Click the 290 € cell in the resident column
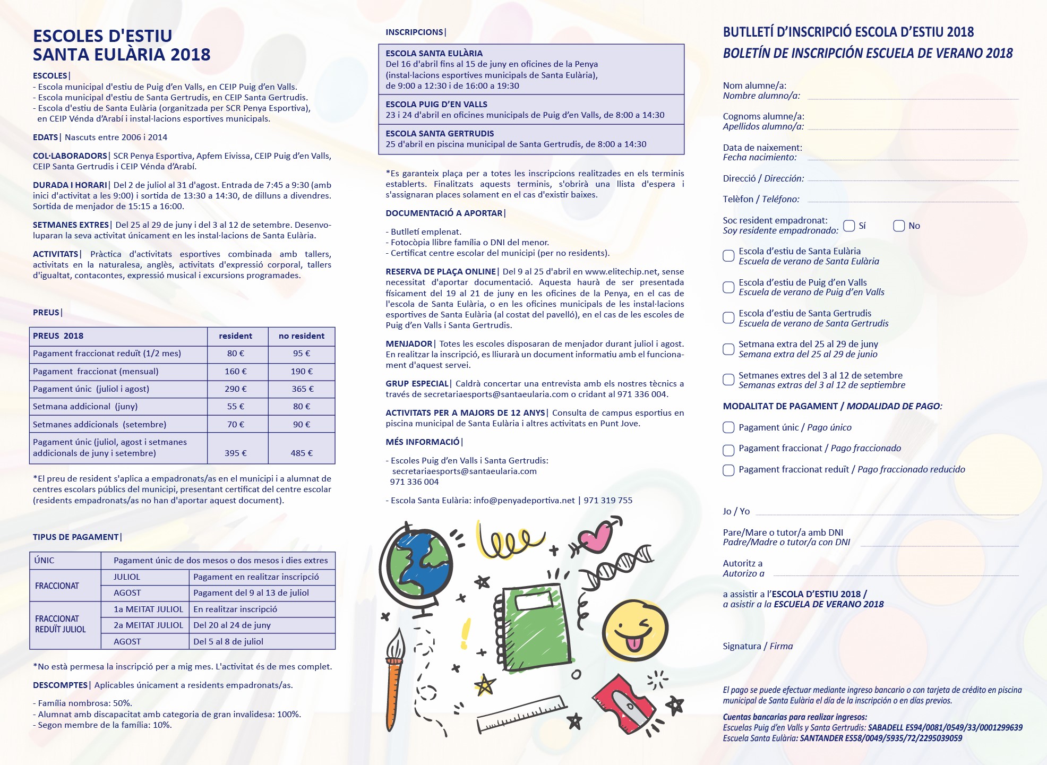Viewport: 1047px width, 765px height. tap(236, 389)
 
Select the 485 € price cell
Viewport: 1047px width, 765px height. tap(302, 453)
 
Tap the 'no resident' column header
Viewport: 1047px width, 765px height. tap(302, 336)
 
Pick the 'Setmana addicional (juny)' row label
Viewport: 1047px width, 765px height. tap(85, 407)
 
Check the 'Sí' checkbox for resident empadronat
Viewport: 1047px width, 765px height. tap(849, 226)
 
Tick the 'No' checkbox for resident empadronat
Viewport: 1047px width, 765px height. tap(899, 226)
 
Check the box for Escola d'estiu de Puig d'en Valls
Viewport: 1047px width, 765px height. tap(728, 287)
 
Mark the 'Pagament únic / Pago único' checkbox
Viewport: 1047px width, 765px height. tap(728, 427)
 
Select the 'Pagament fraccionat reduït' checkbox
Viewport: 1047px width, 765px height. tap(728, 470)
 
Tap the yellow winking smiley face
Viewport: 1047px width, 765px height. tap(635, 631)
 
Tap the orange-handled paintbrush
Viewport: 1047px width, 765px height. tap(394, 682)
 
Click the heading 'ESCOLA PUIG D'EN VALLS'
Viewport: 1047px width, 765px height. tap(436, 104)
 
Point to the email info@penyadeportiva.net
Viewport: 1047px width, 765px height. tap(524, 500)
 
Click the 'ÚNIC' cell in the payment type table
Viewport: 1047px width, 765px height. tap(44, 560)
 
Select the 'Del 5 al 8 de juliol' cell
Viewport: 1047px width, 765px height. tap(228, 641)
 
